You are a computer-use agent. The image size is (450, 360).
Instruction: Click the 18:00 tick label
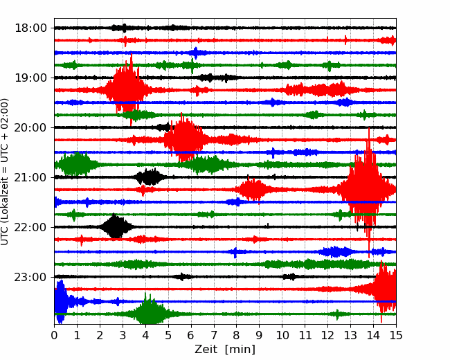30,28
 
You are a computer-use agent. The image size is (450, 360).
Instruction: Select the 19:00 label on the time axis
30,78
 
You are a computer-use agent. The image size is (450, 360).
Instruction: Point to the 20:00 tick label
30,127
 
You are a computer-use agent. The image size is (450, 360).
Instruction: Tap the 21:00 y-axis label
30,177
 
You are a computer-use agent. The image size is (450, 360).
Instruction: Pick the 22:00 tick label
30,227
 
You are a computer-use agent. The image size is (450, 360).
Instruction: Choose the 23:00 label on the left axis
30,277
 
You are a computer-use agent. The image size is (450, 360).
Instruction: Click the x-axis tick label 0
54,335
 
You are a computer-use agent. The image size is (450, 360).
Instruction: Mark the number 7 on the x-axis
213,335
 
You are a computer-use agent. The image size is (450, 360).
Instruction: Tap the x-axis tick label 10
282,335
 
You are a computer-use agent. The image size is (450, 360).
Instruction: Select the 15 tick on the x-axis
396,335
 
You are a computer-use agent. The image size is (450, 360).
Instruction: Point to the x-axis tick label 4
145,335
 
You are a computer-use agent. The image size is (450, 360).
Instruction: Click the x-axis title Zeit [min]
225,350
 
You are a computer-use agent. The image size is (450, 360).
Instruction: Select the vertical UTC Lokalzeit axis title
4,172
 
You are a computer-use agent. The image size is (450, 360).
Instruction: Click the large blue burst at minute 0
60,301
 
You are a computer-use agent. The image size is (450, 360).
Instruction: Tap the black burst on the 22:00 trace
115,227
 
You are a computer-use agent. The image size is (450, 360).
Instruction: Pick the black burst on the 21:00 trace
150,177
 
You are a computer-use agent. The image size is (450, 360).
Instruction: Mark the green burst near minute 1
76,165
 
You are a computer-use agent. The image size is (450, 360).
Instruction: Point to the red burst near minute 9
253,190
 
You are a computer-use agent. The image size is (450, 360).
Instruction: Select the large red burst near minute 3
126,90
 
